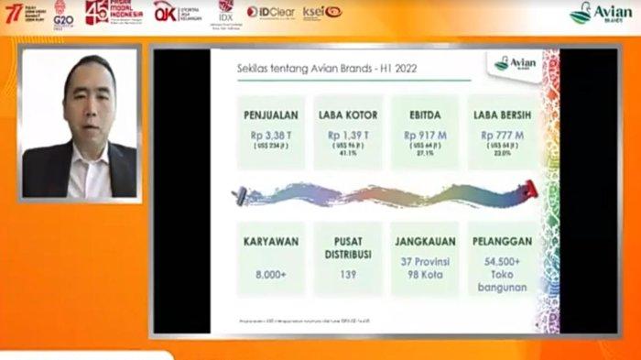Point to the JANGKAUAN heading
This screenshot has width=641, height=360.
click(425, 244)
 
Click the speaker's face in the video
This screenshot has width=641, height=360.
click(88, 88)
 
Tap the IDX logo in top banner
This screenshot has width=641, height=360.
click(225, 11)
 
